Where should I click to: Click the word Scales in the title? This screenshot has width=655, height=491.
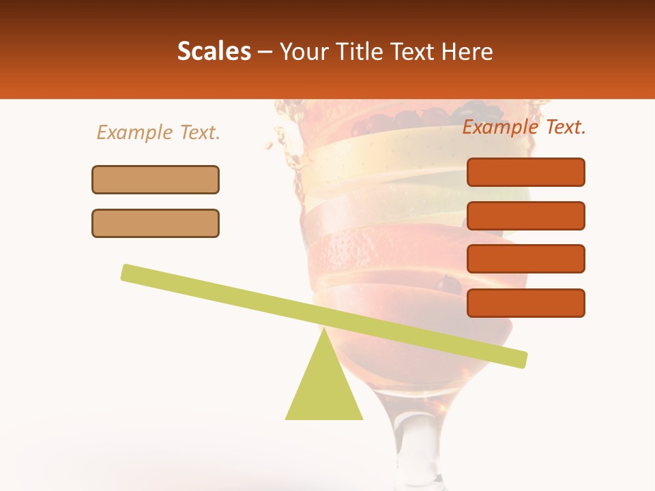[x=214, y=51]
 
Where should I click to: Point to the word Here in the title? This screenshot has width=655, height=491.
[x=468, y=51]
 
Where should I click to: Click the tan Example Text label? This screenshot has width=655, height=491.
[x=158, y=132]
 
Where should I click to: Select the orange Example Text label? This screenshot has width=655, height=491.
[x=524, y=127]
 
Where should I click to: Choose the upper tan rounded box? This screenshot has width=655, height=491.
[x=156, y=179]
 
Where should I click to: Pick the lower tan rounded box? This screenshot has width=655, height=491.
[x=156, y=223]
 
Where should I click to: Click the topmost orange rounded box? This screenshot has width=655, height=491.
[x=526, y=172]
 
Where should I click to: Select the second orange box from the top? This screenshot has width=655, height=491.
[x=526, y=215]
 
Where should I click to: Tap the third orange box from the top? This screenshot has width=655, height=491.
[x=526, y=259]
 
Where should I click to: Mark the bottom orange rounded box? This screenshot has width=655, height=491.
[x=526, y=303]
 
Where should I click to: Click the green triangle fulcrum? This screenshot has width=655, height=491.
[x=324, y=389]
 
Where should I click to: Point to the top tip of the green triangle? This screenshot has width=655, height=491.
[x=324, y=330]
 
